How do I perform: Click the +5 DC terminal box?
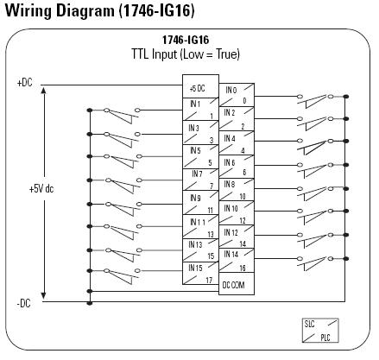[x=200, y=86]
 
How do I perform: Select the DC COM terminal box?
[x=237, y=284]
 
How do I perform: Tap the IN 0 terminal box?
[x=237, y=95]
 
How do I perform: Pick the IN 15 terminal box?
[x=200, y=273]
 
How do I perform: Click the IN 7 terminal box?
[x=200, y=180]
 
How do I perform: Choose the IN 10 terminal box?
[x=237, y=212]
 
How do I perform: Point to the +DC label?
[x=25, y=83]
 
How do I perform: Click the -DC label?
[x=23, y=303]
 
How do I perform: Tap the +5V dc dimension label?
[x=41, y=189]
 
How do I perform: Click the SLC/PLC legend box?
[x=320, y=331]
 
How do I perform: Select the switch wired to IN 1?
[x=122, y=115]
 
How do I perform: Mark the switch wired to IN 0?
[x=315, y=101]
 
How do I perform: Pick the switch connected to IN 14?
[x=315, y=263]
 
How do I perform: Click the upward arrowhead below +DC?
[x=43, y=91]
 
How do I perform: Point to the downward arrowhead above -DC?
[x=43, y=295]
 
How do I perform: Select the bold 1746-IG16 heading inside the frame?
[x=186, y=40]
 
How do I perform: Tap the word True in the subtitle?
[x=227, y=54]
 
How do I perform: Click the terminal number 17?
[x=209, y=280]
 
